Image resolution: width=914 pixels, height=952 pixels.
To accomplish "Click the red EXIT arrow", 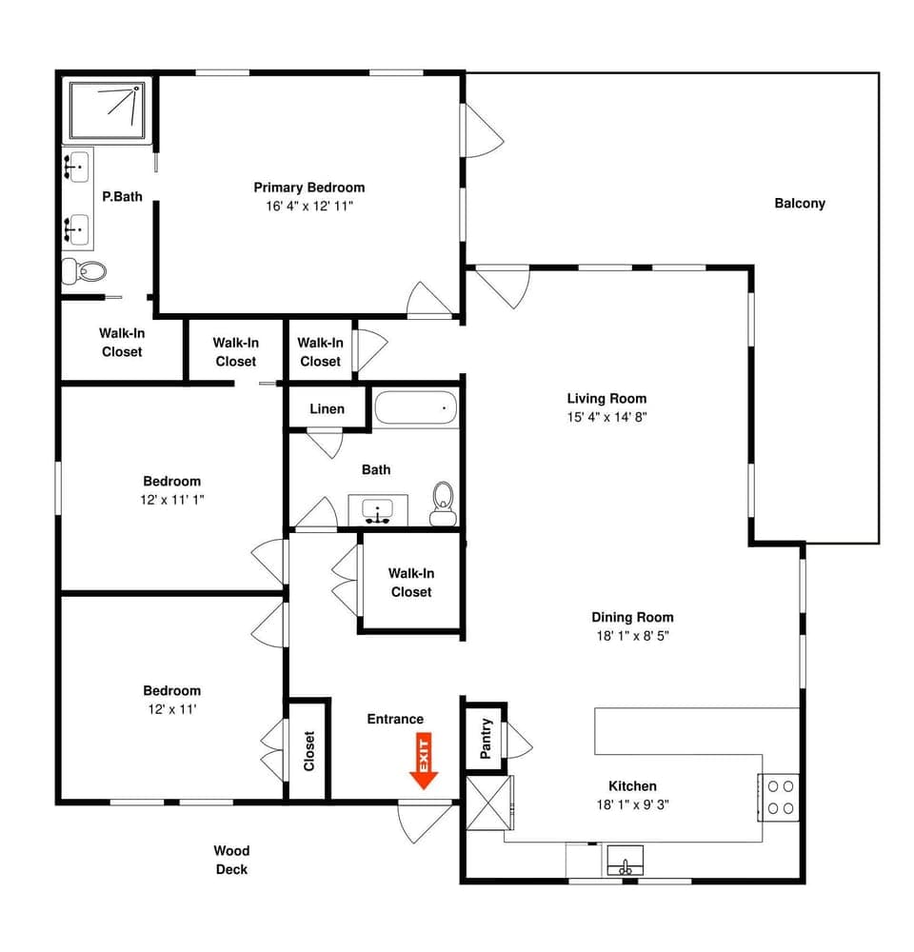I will point(424,762).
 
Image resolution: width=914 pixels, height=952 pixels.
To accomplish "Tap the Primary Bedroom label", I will point(308,188).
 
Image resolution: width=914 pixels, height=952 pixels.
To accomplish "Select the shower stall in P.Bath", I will point(108,111).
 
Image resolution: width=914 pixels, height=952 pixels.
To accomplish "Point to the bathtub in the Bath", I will point(415,409).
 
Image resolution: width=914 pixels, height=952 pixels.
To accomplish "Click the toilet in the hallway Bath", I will point(443,504).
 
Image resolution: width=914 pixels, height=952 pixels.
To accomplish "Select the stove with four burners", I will point(781,797).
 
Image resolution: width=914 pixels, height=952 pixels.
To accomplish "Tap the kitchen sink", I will point(626,863).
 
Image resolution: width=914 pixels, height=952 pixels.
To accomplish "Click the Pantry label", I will point(485,738).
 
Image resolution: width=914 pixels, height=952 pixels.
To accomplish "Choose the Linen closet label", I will point(327,409).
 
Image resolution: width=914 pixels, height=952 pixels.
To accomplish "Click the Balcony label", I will point(799,204).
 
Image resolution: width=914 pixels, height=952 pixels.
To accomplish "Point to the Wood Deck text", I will point(231,860).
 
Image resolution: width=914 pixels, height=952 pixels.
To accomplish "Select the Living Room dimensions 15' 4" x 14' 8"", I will point(606,417).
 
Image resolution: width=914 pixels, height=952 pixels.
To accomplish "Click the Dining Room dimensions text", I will point(631,635).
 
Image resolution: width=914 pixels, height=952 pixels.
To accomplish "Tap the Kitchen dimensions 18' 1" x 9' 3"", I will point(632,804).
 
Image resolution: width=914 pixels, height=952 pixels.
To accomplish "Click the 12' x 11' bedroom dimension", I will point(171,708).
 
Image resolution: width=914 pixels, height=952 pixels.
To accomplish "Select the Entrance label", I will point(395,719).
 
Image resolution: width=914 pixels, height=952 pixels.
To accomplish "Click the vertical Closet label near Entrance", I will point(308,751).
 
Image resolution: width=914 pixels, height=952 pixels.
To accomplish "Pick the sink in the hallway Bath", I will point(380,512).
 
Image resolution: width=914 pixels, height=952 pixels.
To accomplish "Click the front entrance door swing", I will point(422,822).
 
